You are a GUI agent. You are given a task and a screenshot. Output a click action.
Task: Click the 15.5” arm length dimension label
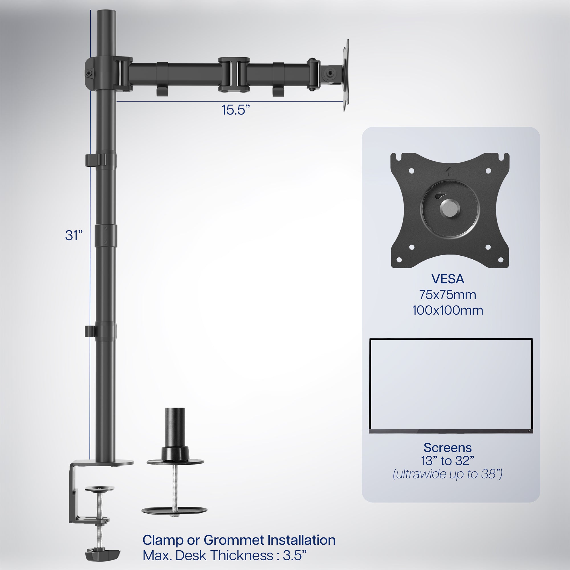coord(235,110)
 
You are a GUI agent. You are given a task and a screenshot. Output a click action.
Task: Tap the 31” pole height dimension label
coord(74,235)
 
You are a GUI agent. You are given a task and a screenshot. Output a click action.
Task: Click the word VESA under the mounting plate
coord(447,279)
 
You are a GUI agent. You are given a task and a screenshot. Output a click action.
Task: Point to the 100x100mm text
coord(447,311)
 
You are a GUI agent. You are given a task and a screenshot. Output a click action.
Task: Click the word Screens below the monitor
coord(447,448)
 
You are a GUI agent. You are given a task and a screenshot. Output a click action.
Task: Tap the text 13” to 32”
coord(447,461)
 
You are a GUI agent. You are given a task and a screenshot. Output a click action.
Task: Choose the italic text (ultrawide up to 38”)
coord(447,474)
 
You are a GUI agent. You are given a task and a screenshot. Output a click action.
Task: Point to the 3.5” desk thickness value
coord(294,555)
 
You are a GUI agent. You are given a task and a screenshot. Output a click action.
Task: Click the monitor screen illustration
coord(451,385)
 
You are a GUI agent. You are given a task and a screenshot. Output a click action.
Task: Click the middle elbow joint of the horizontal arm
coord(234,74)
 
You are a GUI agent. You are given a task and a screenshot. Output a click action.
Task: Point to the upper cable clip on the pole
coord(92,160)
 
